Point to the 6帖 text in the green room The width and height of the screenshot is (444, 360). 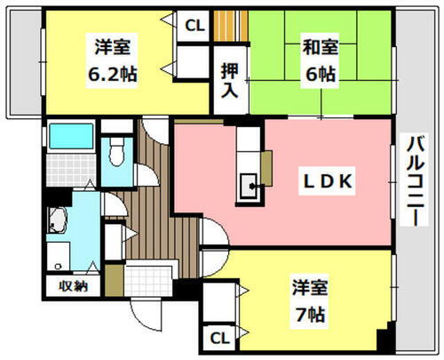321,75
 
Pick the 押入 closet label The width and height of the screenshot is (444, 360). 230,81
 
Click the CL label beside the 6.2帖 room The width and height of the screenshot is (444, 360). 194,26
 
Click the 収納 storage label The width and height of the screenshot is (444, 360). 74,285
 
